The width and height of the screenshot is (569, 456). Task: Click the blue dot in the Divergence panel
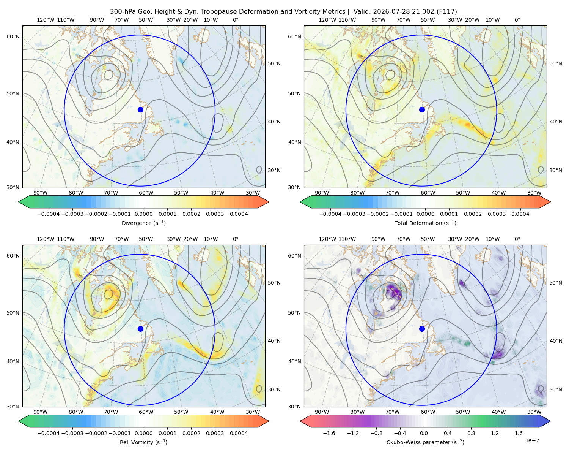[x=140, y=109]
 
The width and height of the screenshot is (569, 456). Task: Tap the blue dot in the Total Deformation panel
[x=422, y=109]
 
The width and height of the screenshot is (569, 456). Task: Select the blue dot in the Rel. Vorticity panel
[x=140, y=329]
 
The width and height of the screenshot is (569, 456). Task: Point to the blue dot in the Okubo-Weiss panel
[x=422, y=329]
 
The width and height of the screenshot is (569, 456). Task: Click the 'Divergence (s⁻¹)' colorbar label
[x=143, y=223]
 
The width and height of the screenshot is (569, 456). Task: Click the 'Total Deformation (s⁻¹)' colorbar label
[x=425, y=223]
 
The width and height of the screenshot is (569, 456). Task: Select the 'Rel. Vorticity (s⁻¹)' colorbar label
[x=143, y=442]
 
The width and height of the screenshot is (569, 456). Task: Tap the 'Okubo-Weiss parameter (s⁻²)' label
[x=425, y=442]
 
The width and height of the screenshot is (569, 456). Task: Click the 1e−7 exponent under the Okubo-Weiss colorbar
[x=532, y=440]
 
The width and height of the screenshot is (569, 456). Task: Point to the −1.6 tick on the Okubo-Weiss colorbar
[x=329, y=433]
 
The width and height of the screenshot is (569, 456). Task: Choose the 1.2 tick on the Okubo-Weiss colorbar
[x=495, y=433]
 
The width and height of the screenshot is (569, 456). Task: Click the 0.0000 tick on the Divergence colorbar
[x=143, y=214]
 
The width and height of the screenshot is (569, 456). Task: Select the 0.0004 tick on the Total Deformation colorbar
[x=520, y=214]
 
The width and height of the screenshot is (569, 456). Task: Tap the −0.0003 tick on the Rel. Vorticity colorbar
[x=72, y=433]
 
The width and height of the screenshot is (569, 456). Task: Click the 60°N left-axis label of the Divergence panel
[x=13, y=36]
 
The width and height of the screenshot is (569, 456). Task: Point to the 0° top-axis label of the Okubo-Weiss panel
[x=517, y=239]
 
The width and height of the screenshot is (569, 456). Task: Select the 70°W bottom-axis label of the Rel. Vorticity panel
[x=111, y=412]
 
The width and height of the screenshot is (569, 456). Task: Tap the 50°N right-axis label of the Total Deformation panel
[x=556, y=63]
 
